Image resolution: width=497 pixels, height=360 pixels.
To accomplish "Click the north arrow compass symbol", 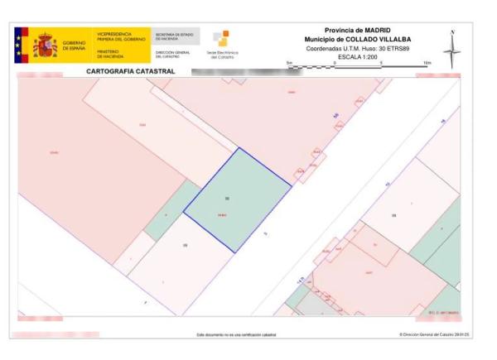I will (451, 50).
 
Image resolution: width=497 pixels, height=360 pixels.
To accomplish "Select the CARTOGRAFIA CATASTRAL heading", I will (124, 72).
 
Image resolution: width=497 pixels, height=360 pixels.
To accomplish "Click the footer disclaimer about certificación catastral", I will (236, 334).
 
